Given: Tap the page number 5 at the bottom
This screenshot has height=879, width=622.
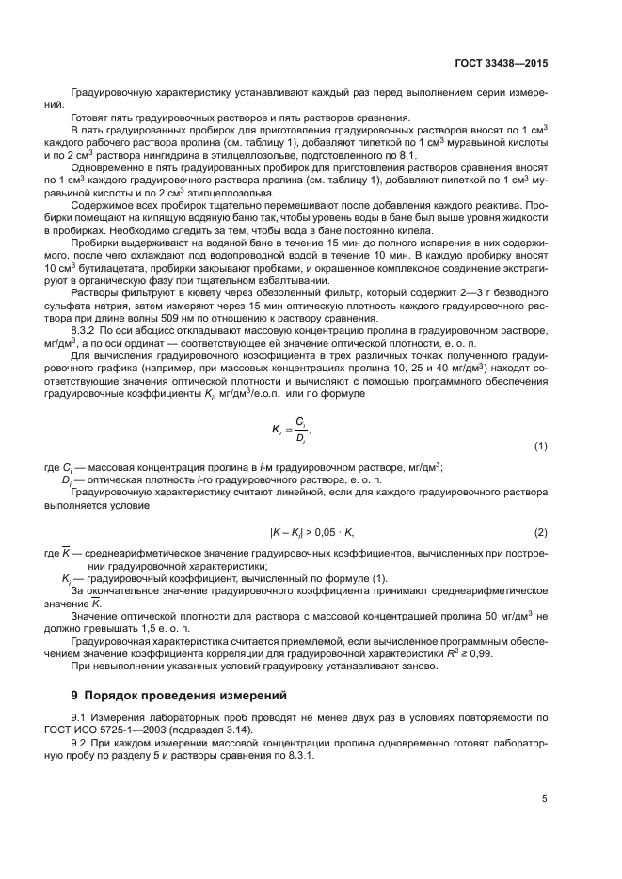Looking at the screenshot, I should click(545, 799).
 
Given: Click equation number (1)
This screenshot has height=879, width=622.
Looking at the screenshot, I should click(540, 445).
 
